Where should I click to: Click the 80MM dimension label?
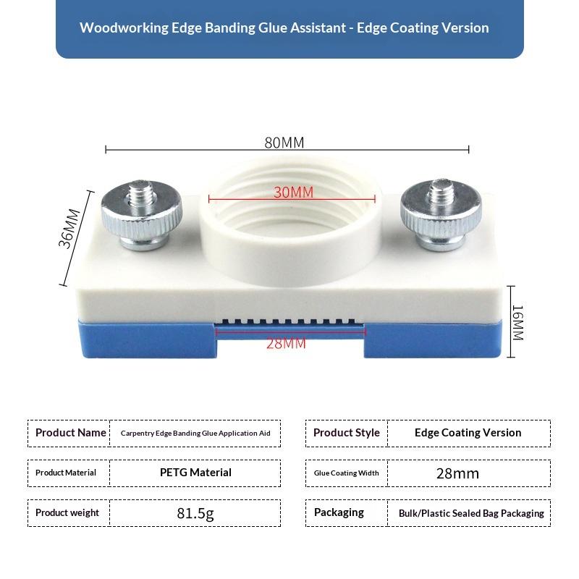(284, 143)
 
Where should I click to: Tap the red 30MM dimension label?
(293, 193)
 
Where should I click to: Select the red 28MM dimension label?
(286, 343)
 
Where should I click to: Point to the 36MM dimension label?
(69, 229)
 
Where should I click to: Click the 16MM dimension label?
(517, 322)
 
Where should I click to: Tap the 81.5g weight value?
(195, 514)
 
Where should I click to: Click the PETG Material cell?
(195, 473)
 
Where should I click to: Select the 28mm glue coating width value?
(457, 474)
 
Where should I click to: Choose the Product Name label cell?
(71, 433)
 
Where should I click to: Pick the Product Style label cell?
(346, 433)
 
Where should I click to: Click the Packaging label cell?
(339, 512)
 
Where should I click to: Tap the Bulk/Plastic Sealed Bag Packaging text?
(471, 513)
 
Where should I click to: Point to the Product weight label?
(67, 513)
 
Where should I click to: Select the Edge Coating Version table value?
(468, 433)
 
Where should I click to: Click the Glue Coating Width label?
(346, 473)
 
